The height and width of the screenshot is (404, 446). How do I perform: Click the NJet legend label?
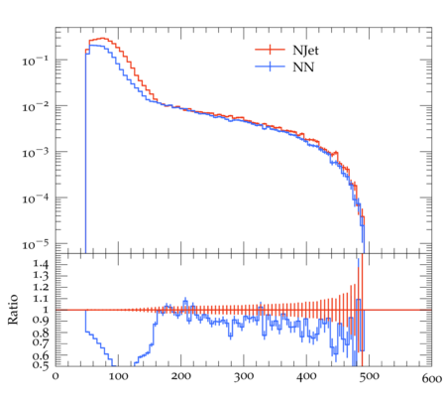pyautogui.click(x=305, y=51)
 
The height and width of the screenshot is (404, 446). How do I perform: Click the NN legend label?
pyautogui.click(x=303, y=67)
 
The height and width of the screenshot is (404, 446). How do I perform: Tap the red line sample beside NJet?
pyautogui.click(x=270, y=50)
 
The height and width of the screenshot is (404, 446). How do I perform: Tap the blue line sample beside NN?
pyautogui.click(x=270, y=67)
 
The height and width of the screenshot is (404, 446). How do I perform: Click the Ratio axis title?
pyautogui.click(x=13, y=309)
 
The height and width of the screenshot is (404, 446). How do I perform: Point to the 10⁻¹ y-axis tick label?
pyautogui.click(x=35, y=61)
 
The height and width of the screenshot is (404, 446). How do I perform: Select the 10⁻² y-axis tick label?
pyautogui.click(x=35, y=106)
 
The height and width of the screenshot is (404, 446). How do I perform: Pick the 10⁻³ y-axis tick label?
pyautogui.click(x=35, y=152)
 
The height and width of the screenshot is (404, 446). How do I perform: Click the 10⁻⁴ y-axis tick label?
pyautogui.click(x=35, y=199)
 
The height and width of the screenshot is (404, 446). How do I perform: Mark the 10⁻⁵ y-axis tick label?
pyautogui.click(x=35, y=244)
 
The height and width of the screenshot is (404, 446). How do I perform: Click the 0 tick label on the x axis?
pyautogui.click(x=56, y=377)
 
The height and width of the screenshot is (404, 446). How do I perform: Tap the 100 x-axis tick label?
pyautogui.click(x=118, y=377)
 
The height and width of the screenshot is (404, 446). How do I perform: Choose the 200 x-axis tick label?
pyautogui.click(x=181, y=377)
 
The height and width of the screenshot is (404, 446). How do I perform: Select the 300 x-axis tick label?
pyautogui.click(x=244, y=377)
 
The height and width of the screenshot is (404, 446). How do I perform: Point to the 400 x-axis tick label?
pyautogui.click(x=306, y=377)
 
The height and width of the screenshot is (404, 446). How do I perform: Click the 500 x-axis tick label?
pyautogui.click(x=370, y=377)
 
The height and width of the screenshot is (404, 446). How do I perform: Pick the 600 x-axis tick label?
pyautogui.click(x=432, y=379)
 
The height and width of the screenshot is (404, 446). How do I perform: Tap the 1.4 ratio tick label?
pyautogui.click(x=41, y=265)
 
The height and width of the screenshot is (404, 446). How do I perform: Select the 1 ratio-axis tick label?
pyautogui.click(x=46, y=310)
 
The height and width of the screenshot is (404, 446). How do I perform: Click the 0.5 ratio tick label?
pyautogui.click(x=41, y=365)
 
